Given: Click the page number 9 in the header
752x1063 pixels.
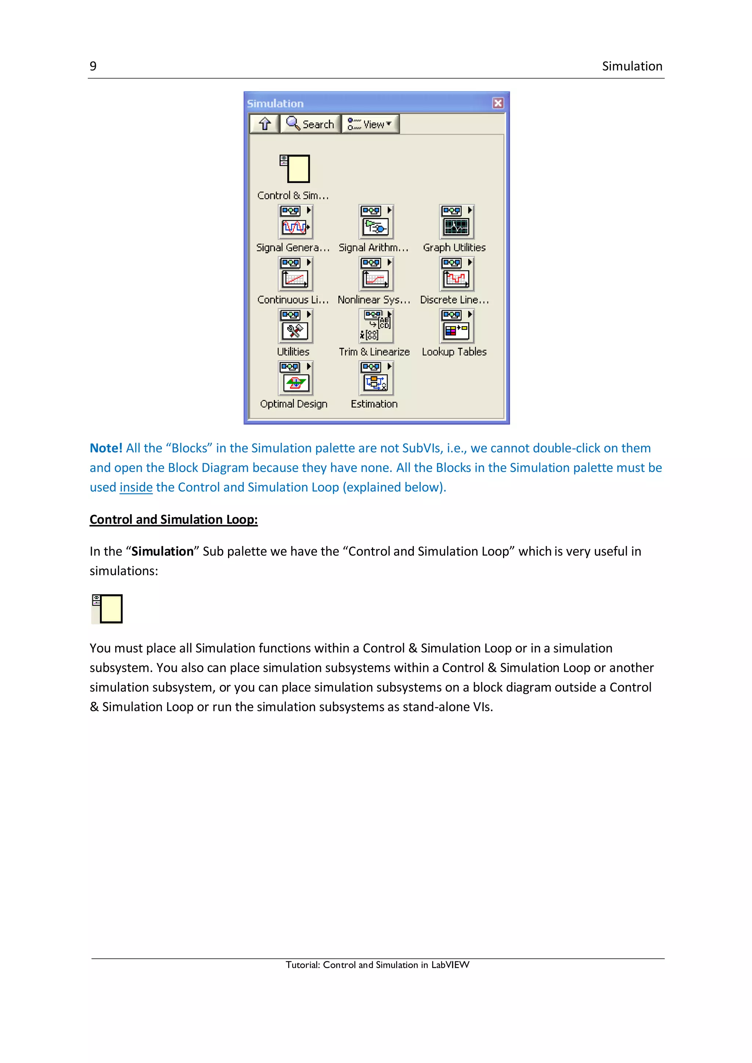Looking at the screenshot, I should [x=93, y=66].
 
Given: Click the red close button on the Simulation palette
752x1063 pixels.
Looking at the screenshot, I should [x=498, y=103].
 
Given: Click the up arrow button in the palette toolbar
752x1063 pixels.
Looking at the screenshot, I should [x=265, y=124].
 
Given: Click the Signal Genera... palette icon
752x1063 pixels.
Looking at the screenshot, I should [x=295, y=222].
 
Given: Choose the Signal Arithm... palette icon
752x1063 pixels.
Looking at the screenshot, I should [x=376, y=222].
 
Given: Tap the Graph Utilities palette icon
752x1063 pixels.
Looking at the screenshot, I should [x=456, y=222].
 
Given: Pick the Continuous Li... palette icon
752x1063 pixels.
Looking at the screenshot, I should [x=295, y=274].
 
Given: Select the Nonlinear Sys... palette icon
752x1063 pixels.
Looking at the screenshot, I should [x=376, y=274].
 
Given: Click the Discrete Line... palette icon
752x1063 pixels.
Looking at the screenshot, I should [x=456, y=274].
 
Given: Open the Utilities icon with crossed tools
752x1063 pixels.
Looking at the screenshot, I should [x=295, y=326].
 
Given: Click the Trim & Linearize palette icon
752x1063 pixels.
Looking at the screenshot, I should [x=376, y=326].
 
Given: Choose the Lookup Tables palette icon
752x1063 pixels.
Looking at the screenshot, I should [x=456, y=326].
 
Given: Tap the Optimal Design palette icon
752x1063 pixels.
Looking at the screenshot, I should [x=295, y=378].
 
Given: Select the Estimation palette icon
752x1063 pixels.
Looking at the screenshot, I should [x=376, y=378].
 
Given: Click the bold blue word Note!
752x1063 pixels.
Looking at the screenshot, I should [x=106, y=448].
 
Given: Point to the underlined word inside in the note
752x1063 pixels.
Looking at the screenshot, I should [x=136, y=487].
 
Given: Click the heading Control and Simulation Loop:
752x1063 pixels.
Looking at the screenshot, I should [x=174, y=519].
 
